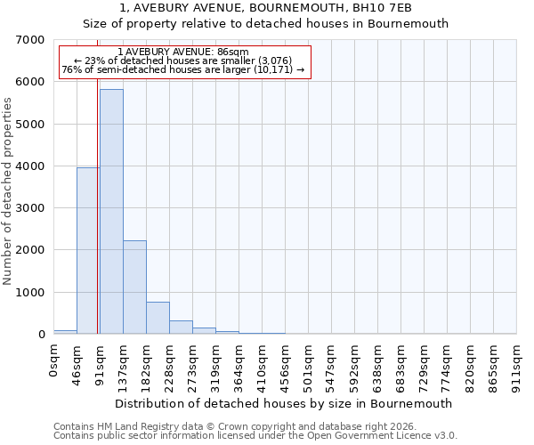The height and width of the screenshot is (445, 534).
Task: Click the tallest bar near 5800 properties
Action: click(111, 212)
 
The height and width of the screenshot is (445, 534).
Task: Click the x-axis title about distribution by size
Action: click(285, 403)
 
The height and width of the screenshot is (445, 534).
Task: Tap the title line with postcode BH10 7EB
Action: click(266, 8)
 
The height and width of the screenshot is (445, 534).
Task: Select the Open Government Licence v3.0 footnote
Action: click(255, 435)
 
